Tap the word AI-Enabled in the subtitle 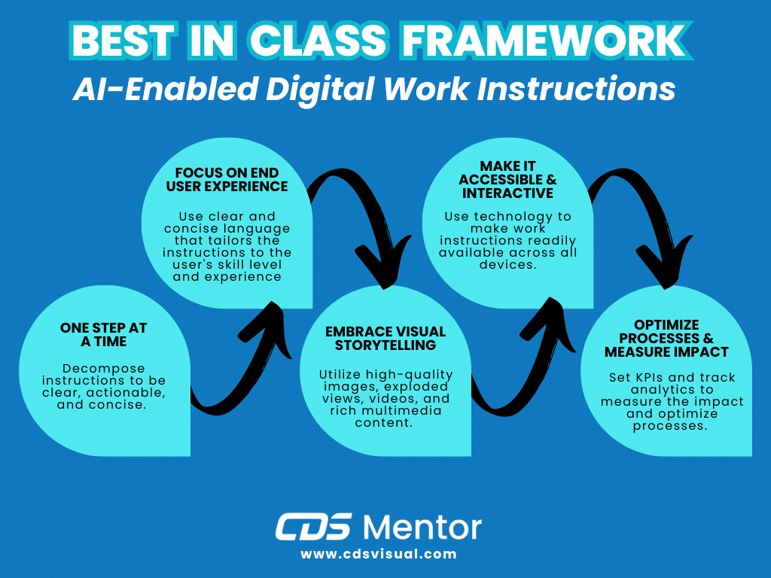click(151, 90)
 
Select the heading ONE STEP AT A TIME click(104, 335)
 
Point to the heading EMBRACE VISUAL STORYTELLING click(385, 339)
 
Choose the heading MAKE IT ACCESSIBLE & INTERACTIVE click(507, 179)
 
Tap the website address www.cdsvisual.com click(379, 554)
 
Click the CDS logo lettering click(313, 527)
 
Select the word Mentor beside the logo click(422, 527)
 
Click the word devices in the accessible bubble click(507, 264)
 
